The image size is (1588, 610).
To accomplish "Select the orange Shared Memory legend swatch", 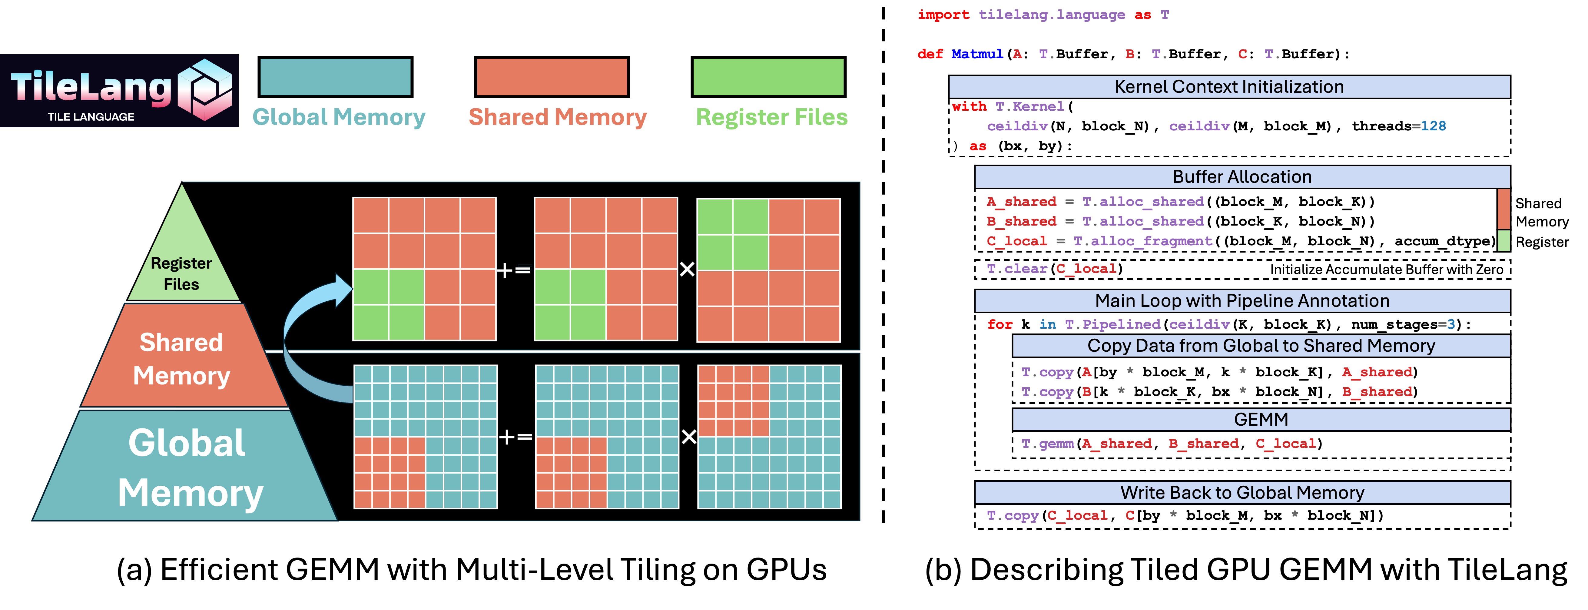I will [552, 77].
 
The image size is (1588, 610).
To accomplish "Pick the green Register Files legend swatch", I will [768, 77].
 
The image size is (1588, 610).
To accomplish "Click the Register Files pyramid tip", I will [182, 259].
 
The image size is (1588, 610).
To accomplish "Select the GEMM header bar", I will [1261, 419].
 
